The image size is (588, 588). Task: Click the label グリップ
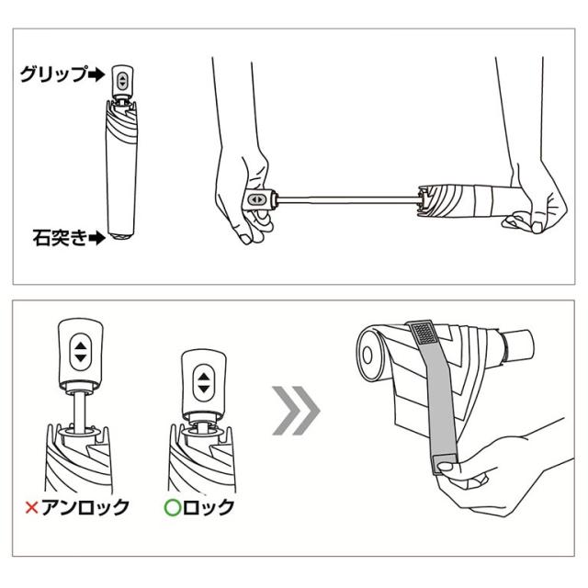[54, 73]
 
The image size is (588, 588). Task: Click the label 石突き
[60, 237]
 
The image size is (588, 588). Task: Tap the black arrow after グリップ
[96, 74]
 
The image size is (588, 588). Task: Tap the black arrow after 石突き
[96, 237]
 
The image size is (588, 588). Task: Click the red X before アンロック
[32, 508]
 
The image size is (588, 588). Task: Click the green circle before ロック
[173, 508]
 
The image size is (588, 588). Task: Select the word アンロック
[85, 508]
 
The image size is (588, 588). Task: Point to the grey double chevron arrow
[296, 411]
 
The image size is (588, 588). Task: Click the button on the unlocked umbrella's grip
[80, 352]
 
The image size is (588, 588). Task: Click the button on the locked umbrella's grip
[204, 382]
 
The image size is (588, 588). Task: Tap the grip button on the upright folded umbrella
[122, 81]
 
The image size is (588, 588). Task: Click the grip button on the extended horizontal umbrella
[257, 199]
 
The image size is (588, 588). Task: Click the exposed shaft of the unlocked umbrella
[79, 412]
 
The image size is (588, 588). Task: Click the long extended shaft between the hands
[348, 199]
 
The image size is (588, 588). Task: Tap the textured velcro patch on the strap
[424, 333]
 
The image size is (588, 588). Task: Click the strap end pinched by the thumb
[445, 465]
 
